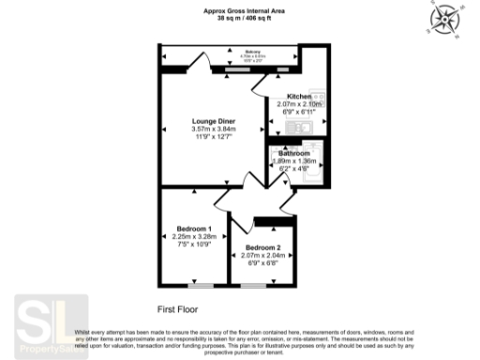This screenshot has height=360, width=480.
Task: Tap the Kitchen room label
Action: click(x=299, y=97)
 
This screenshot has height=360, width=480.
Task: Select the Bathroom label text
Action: click(x=296, y=153)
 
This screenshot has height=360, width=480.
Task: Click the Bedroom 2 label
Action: click(x=264, y=247)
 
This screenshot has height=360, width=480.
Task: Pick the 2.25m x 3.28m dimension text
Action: click(x=196, y=237)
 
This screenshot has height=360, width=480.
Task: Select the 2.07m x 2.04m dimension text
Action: click(x=264, y=255)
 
